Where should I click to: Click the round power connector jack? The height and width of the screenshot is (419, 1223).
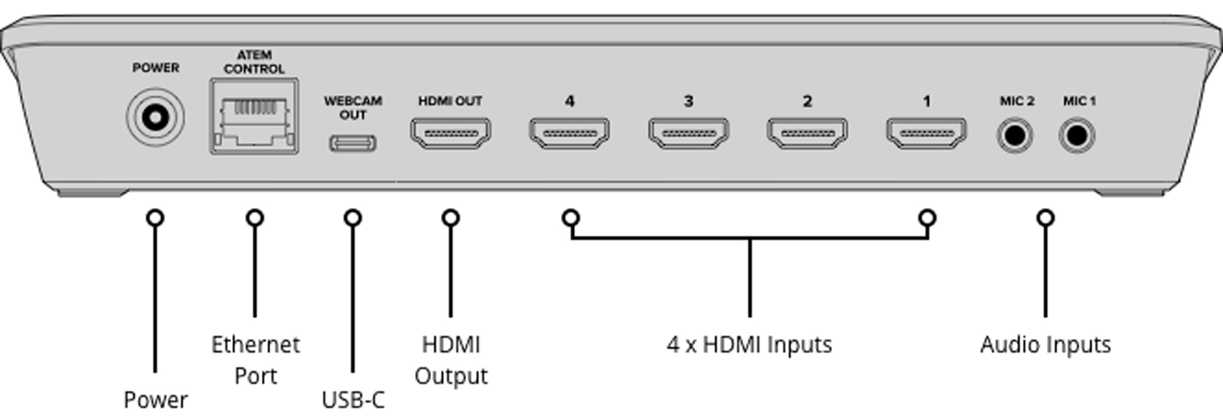pyautogui.click(x=156, y=117)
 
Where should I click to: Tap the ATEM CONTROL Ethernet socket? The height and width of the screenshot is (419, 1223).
pyautogui.click(x=254, y=117)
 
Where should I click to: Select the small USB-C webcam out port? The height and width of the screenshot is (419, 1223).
pyautogui.click(x=353, y=143)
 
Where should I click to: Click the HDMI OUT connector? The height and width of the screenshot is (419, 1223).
pyautogui.click(x=451, y=133)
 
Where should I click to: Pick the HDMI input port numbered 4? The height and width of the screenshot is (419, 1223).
pyautogui.click(x=569, y=133)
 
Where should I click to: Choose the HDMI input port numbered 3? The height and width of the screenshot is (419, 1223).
pyautogui.click(x=689, y=133)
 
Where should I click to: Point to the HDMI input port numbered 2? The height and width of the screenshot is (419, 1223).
pyautogui.click(x=807, y=133)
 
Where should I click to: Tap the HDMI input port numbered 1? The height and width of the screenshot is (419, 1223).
pyautogui.click(x=927, y=133)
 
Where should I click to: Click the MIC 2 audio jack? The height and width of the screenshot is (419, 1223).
pyautogui.click(x=1015, y=135)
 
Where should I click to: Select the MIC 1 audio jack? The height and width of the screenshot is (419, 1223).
pyautogui.click(x=1077, y=135)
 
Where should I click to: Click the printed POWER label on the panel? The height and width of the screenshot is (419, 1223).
pyautogui.click(x=156, y=67)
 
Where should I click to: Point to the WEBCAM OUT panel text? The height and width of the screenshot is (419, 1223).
pyautogui.click(x=353, y=108)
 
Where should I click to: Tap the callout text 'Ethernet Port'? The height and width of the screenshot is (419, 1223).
pyautogui.click(x=255, y=360)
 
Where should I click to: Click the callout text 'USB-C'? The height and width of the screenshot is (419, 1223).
pyautogui.click(x=353, y=400)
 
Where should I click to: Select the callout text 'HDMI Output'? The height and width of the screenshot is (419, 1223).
pyautogui.click(x=451, y=360)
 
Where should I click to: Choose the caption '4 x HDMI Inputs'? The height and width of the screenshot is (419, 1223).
pyautogui.click(x=749, y=345)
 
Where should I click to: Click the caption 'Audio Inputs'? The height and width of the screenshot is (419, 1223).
pyautogui.click(x=1045, y=345)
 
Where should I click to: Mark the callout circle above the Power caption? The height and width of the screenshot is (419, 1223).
pyautogui.click(x=156, y=218)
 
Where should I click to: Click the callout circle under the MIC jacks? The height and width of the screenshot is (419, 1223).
pyautogui.click(x=1045, y=218)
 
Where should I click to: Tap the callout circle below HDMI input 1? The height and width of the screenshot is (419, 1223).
pyautogui.click(x=928, y=218)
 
